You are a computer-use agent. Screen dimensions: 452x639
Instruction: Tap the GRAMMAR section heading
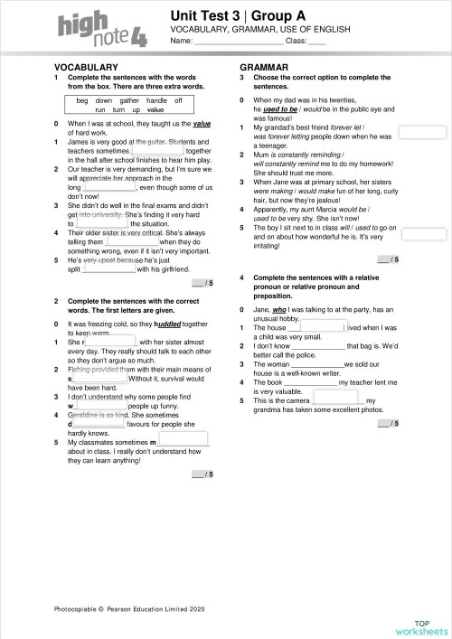click(x=264, y=68)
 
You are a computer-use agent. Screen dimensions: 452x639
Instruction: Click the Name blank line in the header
click(x=239, y=42)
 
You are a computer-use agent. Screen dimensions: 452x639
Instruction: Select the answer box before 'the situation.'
click(x=102, y=223)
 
